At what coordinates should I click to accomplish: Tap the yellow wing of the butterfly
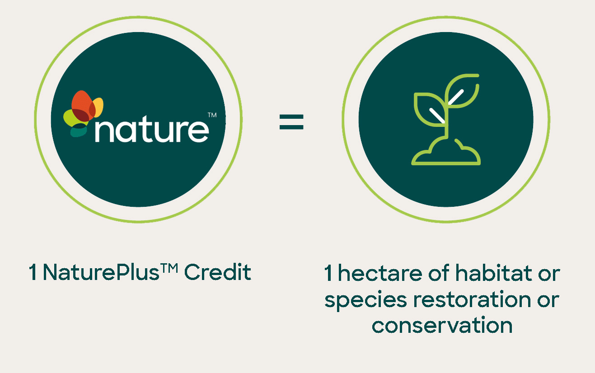tap(98, 107)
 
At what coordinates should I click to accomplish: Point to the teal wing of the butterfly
tap(78, 131)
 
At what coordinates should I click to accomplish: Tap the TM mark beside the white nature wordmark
tap(211, 116)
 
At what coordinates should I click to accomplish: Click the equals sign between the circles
tap(291, 122)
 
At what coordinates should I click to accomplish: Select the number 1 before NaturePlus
tap(33, 273)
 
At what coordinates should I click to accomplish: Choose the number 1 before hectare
tap(328, 274)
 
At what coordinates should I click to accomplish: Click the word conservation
tap(442, 325)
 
